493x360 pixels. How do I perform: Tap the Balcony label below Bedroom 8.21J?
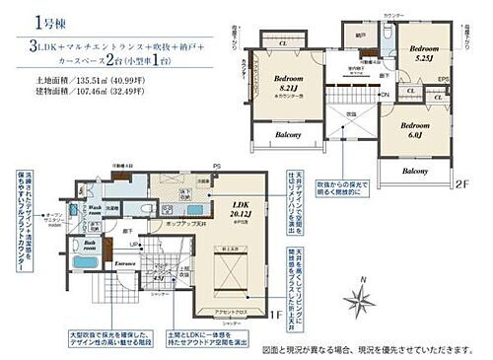pyautogui.click(x=287, y=135)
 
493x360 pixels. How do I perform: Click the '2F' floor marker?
pyautogui.click(x=462, y=183)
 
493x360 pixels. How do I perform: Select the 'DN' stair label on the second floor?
pyautogui.click(x=384, y=94)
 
